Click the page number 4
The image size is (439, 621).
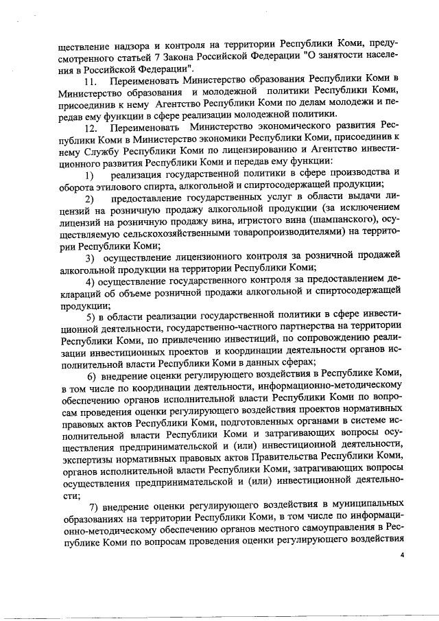point(403,555)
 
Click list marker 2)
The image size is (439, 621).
point(89,199)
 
